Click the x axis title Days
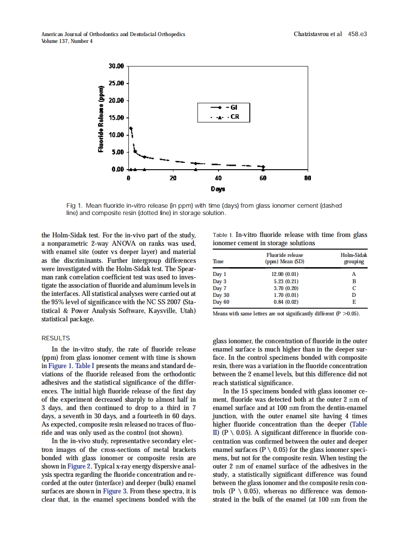(218, 189)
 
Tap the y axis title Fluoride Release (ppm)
(101, 119)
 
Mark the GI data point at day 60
(263, 167)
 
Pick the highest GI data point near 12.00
(131, 128)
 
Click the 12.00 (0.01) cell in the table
(285, 274)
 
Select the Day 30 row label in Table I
(221, 295)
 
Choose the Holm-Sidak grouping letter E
(354, 302)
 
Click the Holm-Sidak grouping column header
(353, 258)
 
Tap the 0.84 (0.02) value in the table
(285, 302)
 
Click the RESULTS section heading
(56, 338)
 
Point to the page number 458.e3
(357, 34)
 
